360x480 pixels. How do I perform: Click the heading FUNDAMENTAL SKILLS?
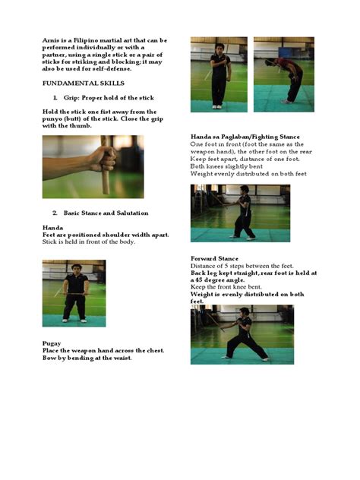click(x=84, y=84)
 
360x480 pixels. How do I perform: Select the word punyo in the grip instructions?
click(x=50, y=119)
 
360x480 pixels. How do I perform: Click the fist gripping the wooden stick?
click(x=105, y=159)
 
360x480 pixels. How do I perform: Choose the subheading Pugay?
click(x=52, y=343)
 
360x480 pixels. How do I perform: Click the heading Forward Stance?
click(x=214, y=259)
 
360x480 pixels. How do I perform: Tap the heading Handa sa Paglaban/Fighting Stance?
click(x=245, y=137)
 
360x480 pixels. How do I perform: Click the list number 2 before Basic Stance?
click(x=55, y=213)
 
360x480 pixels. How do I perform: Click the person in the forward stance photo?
click(x=245, y=334)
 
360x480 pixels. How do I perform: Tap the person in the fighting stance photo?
click(x=244, y=212)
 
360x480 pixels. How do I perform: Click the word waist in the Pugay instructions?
click(x=123, y=358)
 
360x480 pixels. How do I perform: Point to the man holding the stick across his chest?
click(x=219, y=76)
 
